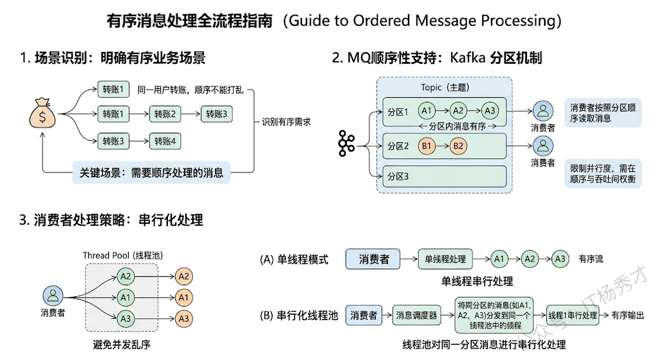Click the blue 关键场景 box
tap(151, 172)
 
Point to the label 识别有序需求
tap(286, 121)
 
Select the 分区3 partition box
tap(444, 176)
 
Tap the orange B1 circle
tap(426, 146)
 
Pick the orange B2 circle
tap(458, 146)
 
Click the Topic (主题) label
tap(443, 88)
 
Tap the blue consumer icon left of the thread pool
tap(53, 296)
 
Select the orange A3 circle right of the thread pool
tap(184, 318)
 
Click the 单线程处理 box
tap(445, 259)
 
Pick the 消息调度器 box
tap(416, 316)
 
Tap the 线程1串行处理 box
tap(572, 316)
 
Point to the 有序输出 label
tap(628, 316)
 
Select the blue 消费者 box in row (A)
tap(373, 259)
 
